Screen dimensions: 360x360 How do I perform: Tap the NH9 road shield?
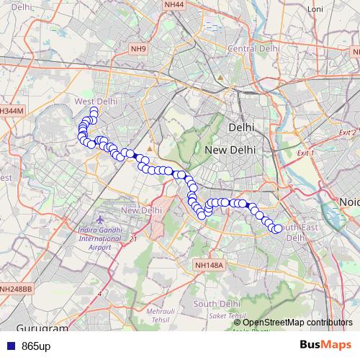point(138,49)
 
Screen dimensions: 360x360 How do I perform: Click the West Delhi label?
point(95,102)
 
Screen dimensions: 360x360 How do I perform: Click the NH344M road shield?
point(12,111)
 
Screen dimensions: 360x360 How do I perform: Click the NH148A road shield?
point(210,265)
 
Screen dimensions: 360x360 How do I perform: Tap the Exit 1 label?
point(306,153)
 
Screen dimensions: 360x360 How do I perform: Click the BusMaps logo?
point(325,346)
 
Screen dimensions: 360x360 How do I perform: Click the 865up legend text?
point(36,346)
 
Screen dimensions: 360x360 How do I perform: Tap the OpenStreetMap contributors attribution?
point(297,322)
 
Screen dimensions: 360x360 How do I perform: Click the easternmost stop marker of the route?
point(279,228)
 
